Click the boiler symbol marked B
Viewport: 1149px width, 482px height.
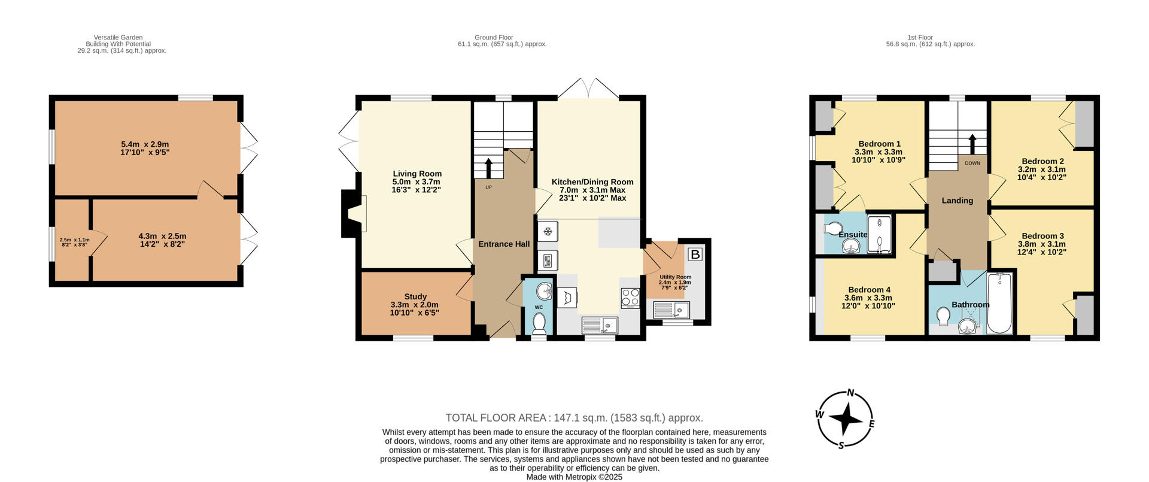[x=695, y=254]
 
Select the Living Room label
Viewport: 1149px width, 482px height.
[x=417, y=174]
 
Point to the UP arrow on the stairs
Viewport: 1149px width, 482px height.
[x=488, y=168]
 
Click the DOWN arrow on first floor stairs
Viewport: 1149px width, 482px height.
[x=972, y=144]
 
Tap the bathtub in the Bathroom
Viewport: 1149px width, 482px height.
[x=999, y=303]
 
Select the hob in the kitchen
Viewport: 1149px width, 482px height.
[x=630, y=298]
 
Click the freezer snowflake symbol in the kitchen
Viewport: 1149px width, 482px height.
[x=547, y=231]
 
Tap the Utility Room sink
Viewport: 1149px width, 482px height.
[x=671, y=310]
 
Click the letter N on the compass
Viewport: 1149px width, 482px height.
[x=850, y=393]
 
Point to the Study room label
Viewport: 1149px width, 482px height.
[x=415, y=296]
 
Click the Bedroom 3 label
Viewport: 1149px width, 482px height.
[x=1042, y=236]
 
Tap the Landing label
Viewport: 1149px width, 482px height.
[x=957, y=201]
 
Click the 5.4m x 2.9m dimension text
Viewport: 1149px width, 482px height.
[x=145, y=144]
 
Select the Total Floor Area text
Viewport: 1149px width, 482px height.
[x=574, y=418]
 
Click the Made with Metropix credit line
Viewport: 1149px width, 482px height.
[x=574, y=477]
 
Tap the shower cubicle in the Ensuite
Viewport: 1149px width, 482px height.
[x=879, y=235]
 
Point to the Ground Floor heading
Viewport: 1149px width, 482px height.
[x=494, y=37]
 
